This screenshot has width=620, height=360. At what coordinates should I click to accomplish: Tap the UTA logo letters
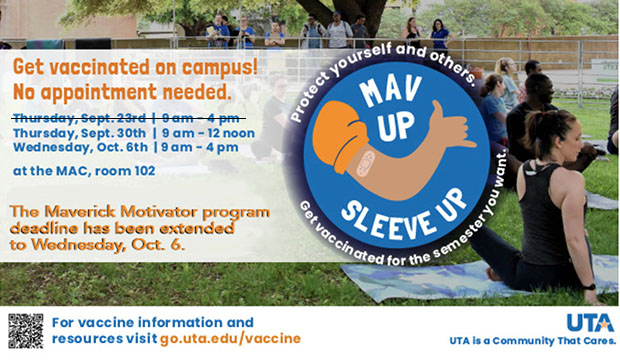(x=589, y=322)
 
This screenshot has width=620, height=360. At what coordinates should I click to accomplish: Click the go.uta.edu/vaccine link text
(x=230, y=339)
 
